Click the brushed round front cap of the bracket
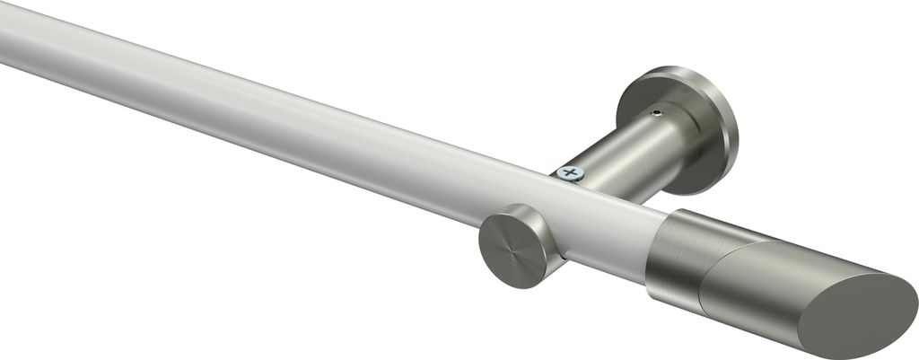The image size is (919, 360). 506,245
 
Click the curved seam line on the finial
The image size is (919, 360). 718,269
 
